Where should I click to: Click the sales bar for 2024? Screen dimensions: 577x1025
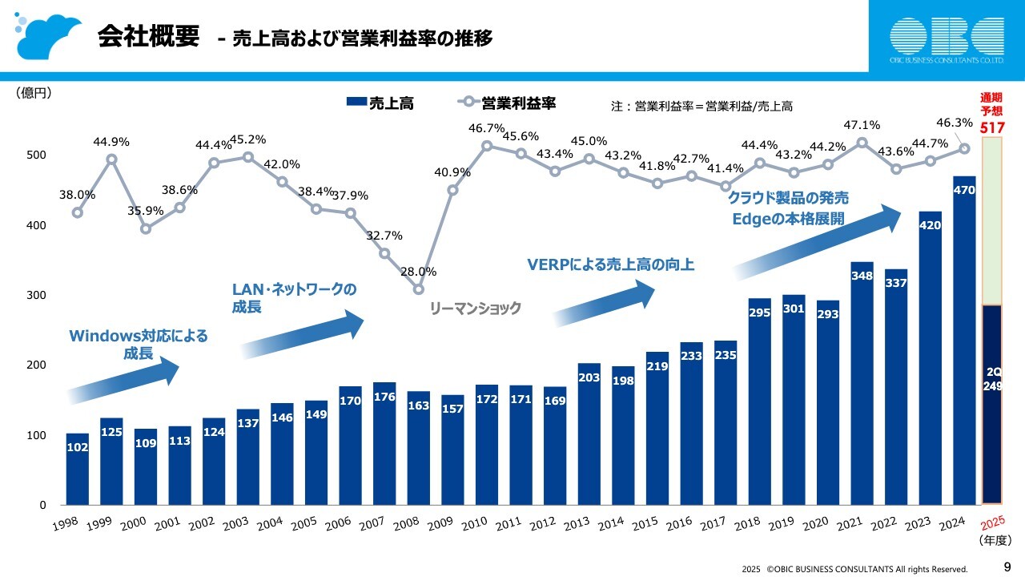point(964,341)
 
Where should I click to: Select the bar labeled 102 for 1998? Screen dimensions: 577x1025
point(77,469)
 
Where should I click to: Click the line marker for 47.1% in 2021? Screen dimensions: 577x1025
point(862,143)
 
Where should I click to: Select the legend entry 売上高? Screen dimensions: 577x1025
point(380,103)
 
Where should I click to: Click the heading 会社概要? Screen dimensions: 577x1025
point(148,36)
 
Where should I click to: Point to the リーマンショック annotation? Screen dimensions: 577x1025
point(476,308)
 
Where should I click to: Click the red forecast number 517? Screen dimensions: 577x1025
point(991,127)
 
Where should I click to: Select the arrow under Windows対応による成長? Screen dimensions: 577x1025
point(124,381)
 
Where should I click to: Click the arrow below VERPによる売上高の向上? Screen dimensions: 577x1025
point(605,305)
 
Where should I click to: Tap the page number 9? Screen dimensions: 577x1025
point(1008,567)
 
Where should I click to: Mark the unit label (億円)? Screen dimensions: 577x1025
point(34,93)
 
